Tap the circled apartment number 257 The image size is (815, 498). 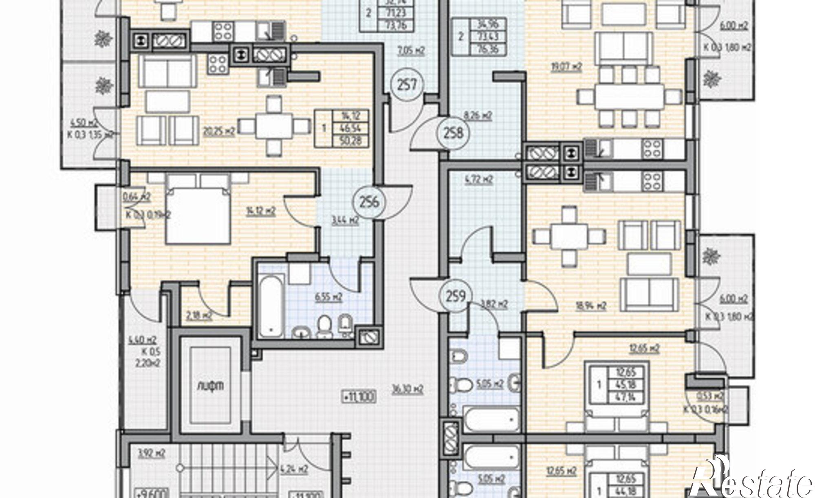coord(407,86)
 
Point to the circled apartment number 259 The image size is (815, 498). coord(455,296)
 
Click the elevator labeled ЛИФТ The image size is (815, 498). coord(209,385)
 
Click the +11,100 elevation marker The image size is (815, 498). coord(359,396)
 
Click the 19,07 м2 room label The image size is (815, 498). coord(566,67)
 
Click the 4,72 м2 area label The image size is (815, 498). coord(479,179)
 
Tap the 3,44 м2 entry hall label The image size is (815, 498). coord(345,220)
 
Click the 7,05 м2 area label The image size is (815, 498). coord(411,51)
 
